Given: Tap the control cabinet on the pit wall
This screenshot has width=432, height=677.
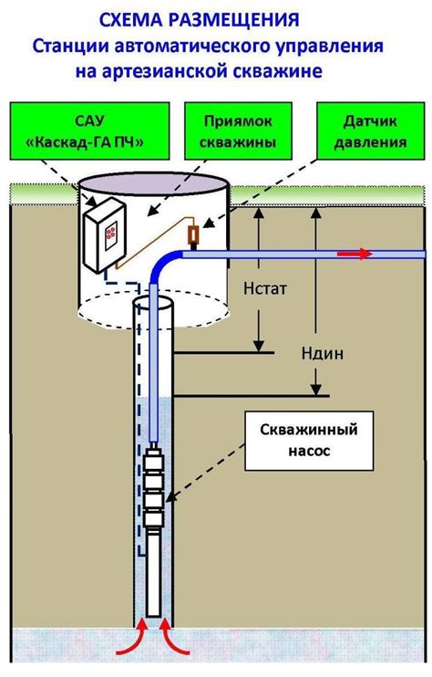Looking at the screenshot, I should click(105, 235).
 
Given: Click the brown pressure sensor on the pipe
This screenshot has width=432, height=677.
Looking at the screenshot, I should click(193, 237).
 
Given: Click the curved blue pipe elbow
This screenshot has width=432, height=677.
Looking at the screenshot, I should click(166, 266).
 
